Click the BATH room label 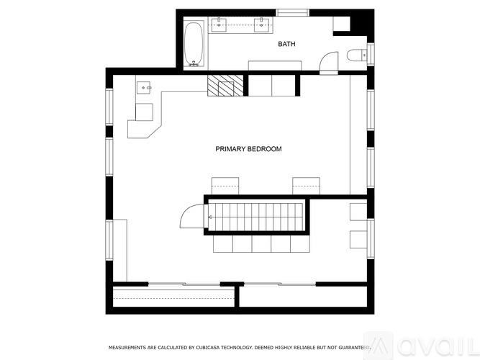[286, 45]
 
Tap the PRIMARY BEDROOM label [248, 149]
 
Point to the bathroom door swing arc [329, 62]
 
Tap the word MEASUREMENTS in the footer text [131, 347]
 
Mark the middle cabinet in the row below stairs [261, 245]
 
